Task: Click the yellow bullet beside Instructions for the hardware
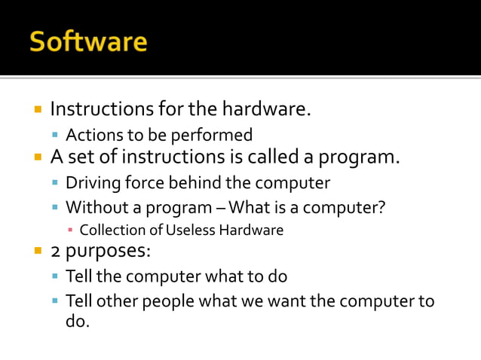(37, 110)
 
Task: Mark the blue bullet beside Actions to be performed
(56, 136)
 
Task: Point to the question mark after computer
(380, 207)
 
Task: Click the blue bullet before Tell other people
(56, 302)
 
